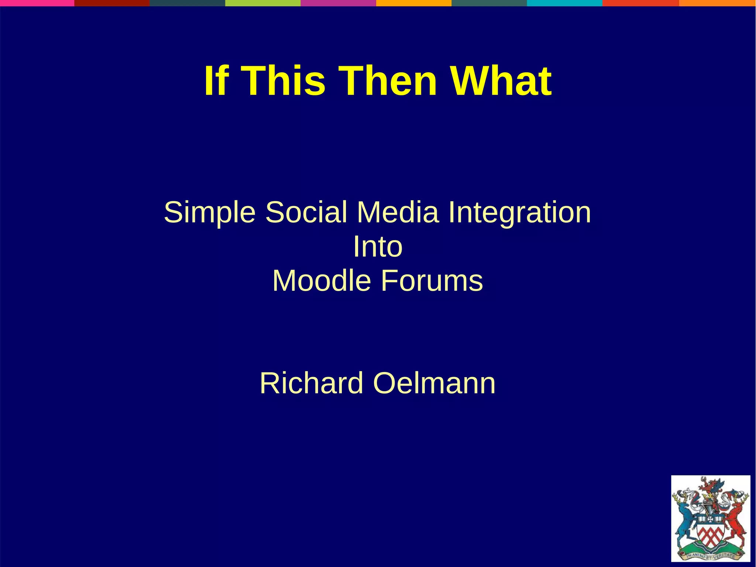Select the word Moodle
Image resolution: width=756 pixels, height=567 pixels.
[x=322, y=281]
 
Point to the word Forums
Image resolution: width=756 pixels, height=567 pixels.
[x=432, y=281]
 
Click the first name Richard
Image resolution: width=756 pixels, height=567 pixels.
[x=312, y=383]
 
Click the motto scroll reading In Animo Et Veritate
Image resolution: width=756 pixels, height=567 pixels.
[x=711, y=556]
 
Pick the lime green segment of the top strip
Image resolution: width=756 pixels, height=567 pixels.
[x=263, y=3]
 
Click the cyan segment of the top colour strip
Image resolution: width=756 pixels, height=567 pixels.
[x=564, y=3]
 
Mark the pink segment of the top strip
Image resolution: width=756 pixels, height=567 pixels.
[x=37, y=3]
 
